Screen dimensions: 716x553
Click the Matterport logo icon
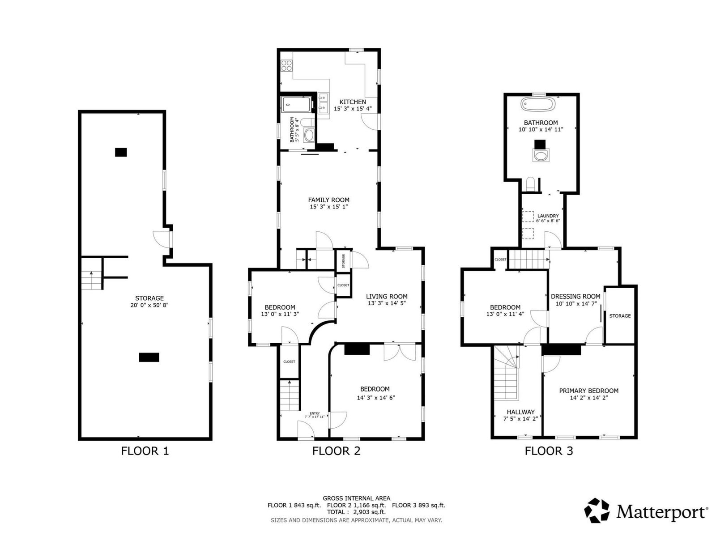[x=597, y=510]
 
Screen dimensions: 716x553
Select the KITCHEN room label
[x=353, y=102]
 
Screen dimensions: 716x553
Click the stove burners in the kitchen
[x=286, y=65]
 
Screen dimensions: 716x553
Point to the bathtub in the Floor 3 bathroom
[x=538, y=104]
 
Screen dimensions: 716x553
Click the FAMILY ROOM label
[x=328, y=200]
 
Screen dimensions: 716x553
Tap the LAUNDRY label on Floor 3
[x=548, y=216]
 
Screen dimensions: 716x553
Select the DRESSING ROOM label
[x=575, y=297]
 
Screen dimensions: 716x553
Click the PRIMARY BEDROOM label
[x=588, y=391]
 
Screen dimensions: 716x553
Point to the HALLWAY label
[x=520, y=412]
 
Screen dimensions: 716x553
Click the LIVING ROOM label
[x=387, y=297]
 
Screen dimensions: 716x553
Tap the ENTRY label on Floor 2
[x=315, y=413]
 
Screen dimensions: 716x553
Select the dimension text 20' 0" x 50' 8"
[x=149, y=305]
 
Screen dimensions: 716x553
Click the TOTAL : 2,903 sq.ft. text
[x=356, y=512]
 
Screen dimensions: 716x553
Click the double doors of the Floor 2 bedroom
[x=400, y=352]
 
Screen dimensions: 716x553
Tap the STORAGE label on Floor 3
[x=620, y=316]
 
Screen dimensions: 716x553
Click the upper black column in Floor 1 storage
[x=121, y=152]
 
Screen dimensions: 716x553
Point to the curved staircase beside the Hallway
[x=507, y=373]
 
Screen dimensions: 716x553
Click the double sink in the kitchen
[x=324, y=102]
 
